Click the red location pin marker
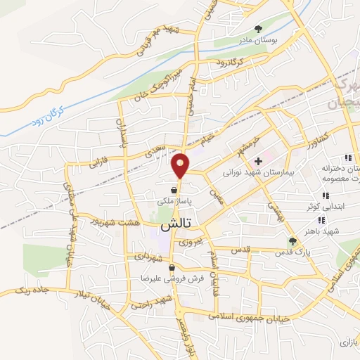click(181, 165)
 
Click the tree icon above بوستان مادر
click(259, 29)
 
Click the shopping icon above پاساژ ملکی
click(173, 189)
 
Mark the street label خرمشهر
click(248, 138)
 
